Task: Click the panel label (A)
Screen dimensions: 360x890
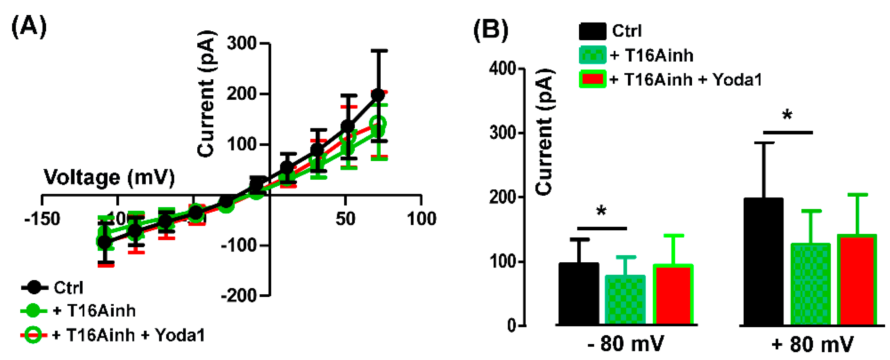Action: point(29,27)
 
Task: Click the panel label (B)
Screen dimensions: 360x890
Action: point(491,30)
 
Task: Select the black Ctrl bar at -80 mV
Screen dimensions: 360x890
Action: point(579,294)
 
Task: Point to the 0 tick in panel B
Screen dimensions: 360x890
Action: point(512,325)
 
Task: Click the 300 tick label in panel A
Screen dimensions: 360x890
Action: point(241,43)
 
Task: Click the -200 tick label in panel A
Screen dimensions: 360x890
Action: point(239,296)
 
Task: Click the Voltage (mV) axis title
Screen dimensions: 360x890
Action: point(109,178)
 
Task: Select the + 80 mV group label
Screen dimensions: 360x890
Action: point(812,344)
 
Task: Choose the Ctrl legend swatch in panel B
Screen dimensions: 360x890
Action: point(592,31)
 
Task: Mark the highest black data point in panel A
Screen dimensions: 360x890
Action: point(378,95)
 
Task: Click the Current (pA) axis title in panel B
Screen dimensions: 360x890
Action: point(545,131)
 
